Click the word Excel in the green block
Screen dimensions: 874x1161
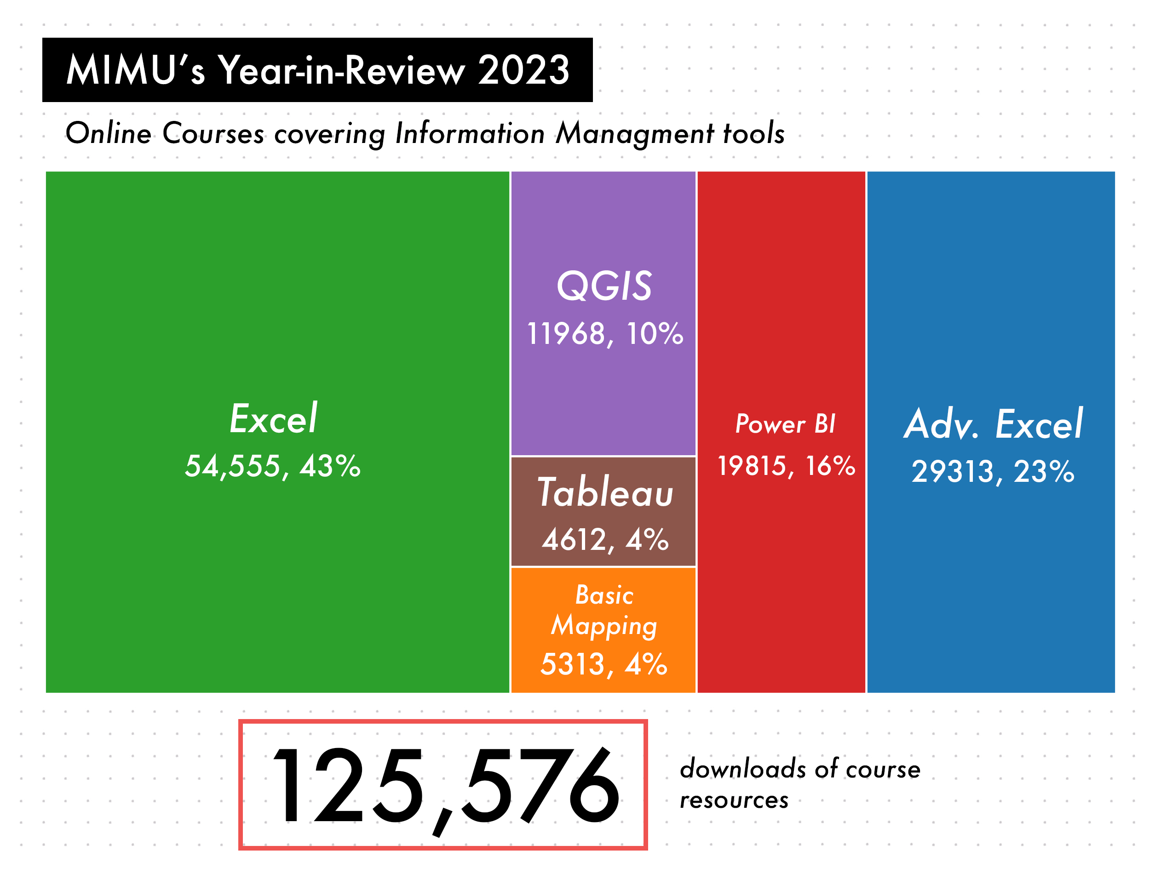pos(273,419)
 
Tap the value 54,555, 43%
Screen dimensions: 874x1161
pos(272,466)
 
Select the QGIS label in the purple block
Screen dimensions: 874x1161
pos(604,286)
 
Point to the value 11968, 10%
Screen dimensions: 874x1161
pos(604,334)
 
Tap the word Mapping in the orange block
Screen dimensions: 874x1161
pos(604,626)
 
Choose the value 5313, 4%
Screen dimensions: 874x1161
pos(603,664)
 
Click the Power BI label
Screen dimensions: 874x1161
pos(785,424)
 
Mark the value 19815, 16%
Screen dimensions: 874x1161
pos(786,466)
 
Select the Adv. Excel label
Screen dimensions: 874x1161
pos(993,424)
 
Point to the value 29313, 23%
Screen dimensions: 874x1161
pos(993,471)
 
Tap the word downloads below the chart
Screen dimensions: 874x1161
pos(743,770)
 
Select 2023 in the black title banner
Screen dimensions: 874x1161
pos(523,70)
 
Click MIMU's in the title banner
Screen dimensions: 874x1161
pos(135,70)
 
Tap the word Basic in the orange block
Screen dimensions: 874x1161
pos(604,595)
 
